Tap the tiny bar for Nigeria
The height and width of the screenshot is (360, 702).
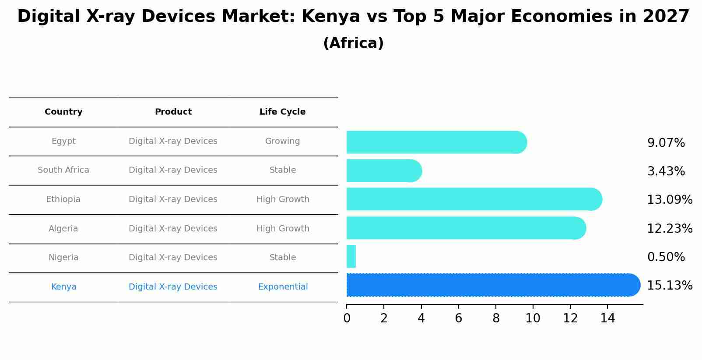(x=351, y=257)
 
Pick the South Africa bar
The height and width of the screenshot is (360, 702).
(x=383, y=171)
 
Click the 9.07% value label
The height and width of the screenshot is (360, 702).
(x=666, y=143)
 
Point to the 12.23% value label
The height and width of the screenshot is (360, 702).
(x=669, y=229)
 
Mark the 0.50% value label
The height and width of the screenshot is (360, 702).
(x=666, y=257)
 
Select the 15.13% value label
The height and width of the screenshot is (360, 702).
(x=669, y=286)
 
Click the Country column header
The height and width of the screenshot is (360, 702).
(x=63, y=112)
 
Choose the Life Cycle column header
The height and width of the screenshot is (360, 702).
(x=282, y=112)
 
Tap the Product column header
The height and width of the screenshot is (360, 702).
(x=173, y=112)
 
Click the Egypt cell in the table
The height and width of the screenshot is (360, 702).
(x=63, y=141)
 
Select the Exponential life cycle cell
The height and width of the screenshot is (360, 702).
(x=283, y=287)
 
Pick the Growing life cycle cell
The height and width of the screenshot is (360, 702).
(x=282, y=141)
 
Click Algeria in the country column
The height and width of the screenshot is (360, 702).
(x=63, y=229)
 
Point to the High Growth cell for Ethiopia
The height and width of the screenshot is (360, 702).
(x=283, y=199)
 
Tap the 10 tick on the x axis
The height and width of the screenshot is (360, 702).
(x=533, y=318)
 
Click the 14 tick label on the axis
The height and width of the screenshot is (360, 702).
(x=607, y=318)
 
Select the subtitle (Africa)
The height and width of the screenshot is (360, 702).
(x=353, y=43)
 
